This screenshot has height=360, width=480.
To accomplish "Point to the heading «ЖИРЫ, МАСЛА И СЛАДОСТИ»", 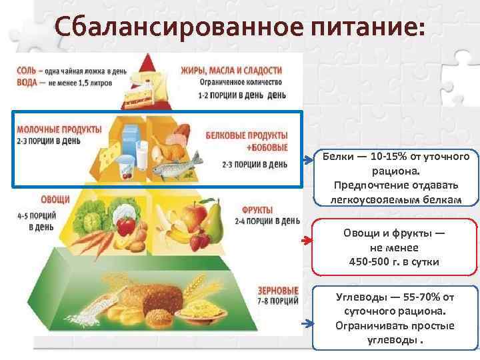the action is point(231,70).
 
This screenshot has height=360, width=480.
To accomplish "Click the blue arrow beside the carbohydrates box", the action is point(306,323).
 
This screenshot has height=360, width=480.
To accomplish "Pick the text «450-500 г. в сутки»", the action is point(394,261).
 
